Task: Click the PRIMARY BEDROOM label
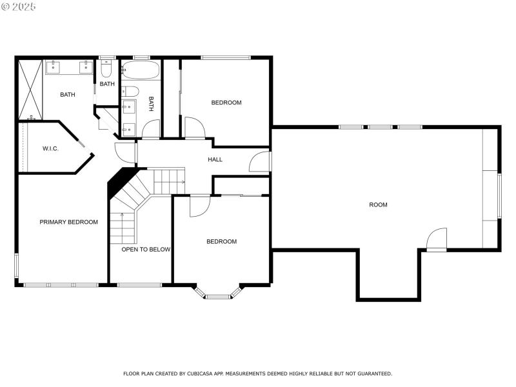[x=68, y=222]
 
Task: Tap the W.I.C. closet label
[x=50, y=149]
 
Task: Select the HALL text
[x=215, y=159]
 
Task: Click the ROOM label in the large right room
[x=378, y=204]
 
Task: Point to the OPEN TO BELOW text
[x=146, y=249]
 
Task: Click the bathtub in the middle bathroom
[x=140, y=70]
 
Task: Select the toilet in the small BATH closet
[x=106, y=68]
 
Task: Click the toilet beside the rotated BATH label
[x=130, y=90]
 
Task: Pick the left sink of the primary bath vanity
[x=54, y=66]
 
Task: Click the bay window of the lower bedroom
[x=218, y=294]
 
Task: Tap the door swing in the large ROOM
[x=437, y=239]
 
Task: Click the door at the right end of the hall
[x=261, y=161]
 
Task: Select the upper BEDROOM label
[x=226, y=103]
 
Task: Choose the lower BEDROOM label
[x=221, y=241]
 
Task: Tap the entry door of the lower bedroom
[x=200, y=205]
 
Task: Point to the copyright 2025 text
[x=19, y=6]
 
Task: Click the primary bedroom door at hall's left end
[x=126, y=152]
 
